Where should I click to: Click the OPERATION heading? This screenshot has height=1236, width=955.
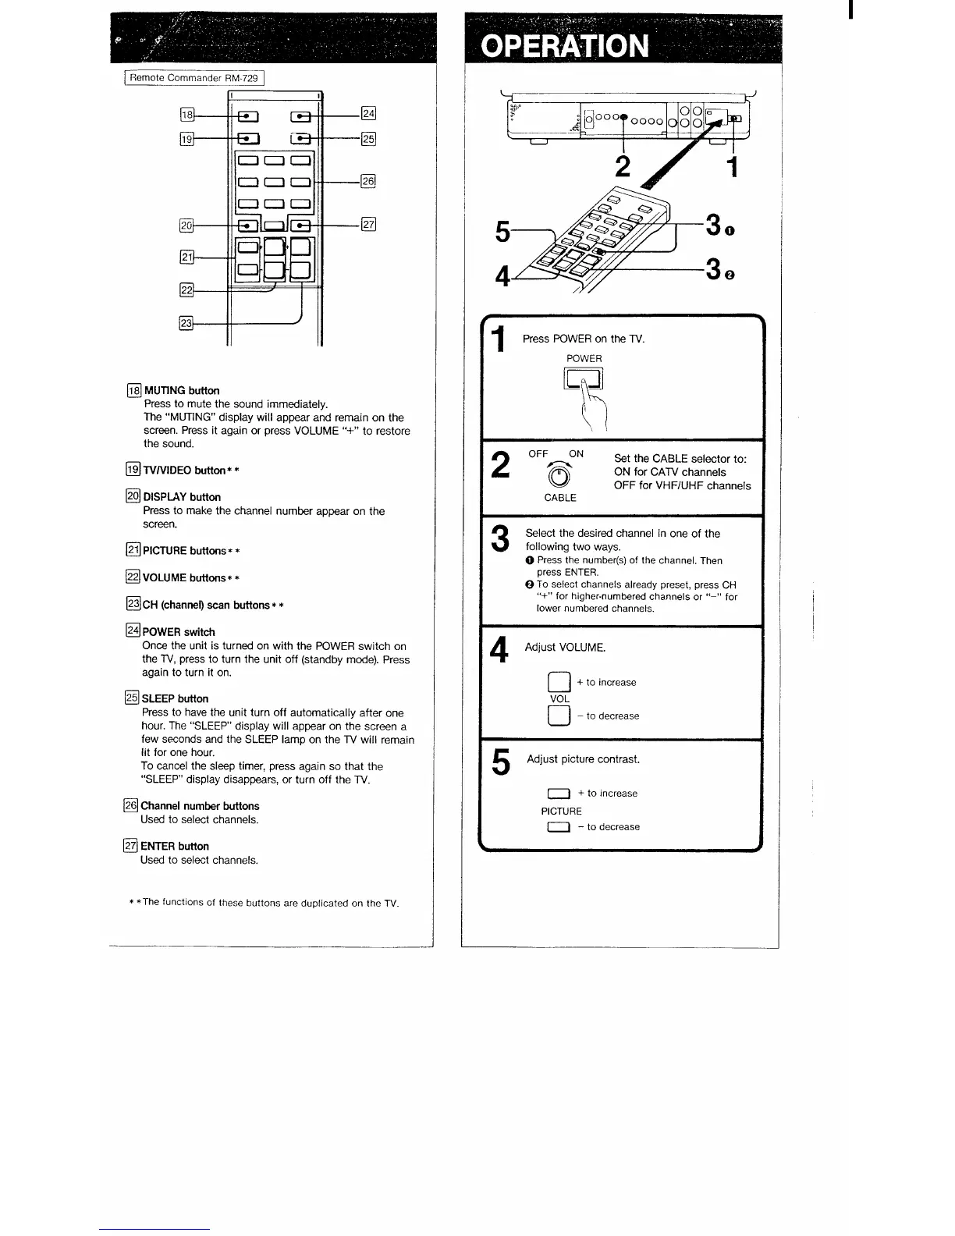pyautogui.click(x=565, y=46)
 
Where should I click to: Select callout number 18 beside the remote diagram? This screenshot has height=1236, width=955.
pyautogui.click(x=187, y=115)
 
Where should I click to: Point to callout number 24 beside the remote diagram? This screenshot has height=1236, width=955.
pyautogui.click(x=368, y=113)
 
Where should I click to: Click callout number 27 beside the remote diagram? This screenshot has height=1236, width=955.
pyautogui.click(x=368, y=225)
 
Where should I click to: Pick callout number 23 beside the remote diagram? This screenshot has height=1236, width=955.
pyautogui.click(x=186, y=323)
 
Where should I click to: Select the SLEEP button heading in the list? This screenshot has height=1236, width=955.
pyautogui.click(x=175, y=698)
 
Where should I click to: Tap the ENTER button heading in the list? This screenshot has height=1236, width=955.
pyautogui.click(x=174, y=846)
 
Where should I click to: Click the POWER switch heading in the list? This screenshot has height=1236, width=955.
pyautogui.click(x=179, y=632)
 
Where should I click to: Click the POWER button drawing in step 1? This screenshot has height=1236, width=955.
pyautogui.click(x=584, y=379)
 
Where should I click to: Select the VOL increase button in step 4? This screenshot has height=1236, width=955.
pyautogui.click(x=559, y=683)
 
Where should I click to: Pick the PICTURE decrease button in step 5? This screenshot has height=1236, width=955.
pyautogui.click(x=559, y=827)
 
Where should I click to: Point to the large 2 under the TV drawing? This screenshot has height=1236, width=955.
pyautogui.click(x=623, y=166)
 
